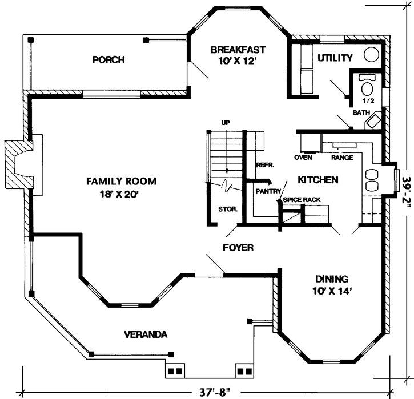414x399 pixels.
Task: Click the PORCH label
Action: pos(108,60)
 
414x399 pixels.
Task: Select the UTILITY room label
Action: pos(335,58)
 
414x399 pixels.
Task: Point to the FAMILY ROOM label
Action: pos(121,182)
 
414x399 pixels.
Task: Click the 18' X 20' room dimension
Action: pos(121,194)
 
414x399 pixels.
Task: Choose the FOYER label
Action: pos(238,248)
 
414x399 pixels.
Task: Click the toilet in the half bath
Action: pos(367,88)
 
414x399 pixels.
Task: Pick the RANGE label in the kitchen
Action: pos(341,157)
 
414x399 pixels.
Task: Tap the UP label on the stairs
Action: pos(227,123)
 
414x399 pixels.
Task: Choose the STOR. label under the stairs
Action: pos(224,208)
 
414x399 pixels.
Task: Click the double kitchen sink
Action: pos(372,179)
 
